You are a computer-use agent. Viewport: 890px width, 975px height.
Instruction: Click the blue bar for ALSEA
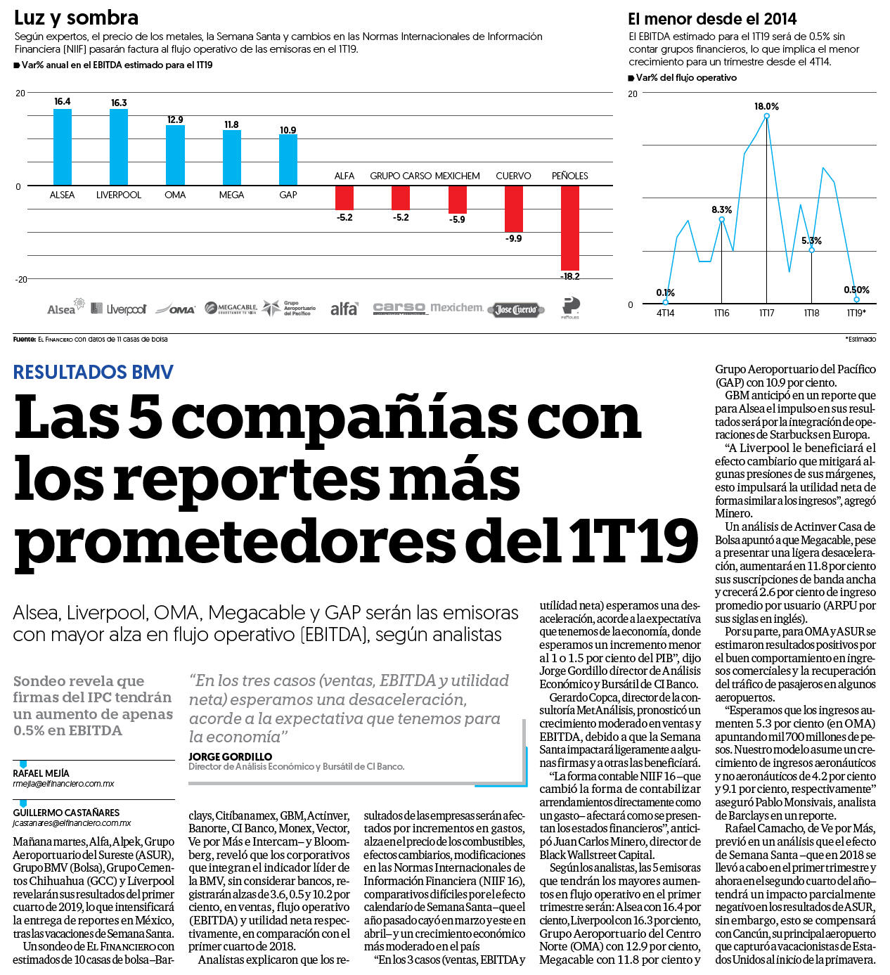[63, 148]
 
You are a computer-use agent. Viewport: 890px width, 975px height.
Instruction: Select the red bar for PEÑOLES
[569, 228]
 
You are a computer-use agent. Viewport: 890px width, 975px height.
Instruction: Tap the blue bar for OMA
[175, 155]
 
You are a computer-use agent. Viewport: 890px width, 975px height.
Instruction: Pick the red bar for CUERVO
[513, 209]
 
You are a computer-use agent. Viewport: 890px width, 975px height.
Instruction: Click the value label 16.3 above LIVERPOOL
[119, 103]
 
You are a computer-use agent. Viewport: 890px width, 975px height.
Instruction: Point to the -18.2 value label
[569, 276]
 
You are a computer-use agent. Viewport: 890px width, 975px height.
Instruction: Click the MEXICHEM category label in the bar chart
[457, 176]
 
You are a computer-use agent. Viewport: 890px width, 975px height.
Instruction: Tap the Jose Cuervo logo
[516, 309]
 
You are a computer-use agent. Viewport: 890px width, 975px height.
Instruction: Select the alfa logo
[344, 309]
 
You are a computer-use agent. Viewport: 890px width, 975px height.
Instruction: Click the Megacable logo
[231, 308]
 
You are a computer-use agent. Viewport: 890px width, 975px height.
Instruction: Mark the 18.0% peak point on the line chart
[766, 116]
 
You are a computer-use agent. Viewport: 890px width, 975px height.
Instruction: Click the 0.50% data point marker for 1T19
[856, 299]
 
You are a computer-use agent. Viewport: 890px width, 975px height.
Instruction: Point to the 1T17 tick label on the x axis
[766, 313]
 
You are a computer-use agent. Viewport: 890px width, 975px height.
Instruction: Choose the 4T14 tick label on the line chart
[666, 313]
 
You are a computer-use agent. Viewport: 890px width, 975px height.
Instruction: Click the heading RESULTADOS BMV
[93, 372]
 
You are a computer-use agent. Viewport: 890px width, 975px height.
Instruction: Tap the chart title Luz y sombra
[77, 18]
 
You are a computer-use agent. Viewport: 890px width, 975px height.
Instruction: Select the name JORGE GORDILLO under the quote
[231, 757]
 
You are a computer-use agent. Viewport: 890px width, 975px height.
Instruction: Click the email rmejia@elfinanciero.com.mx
[64, 784]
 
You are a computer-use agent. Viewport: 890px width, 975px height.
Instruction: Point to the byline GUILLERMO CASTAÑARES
[66, 813]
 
